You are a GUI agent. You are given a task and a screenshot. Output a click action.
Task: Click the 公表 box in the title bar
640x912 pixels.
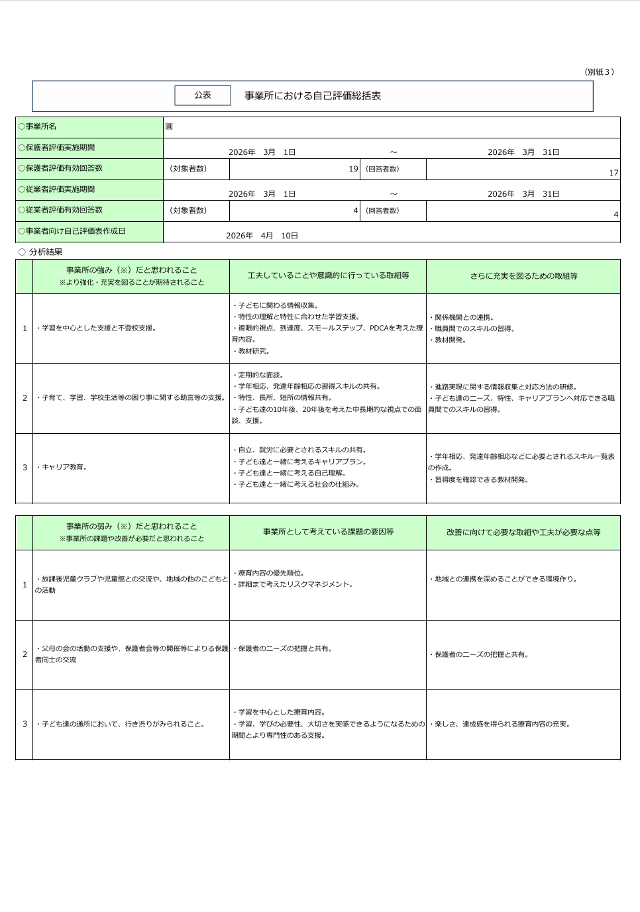click(203, 95)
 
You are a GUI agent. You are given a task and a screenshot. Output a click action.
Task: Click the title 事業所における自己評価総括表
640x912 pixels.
click(313, 96)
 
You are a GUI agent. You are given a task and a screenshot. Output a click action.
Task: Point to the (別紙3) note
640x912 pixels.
click(599, 72)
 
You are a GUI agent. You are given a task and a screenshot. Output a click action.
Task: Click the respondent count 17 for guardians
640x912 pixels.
click(613, 173)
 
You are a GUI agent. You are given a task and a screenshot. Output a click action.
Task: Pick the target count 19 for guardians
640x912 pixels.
click(353, 169)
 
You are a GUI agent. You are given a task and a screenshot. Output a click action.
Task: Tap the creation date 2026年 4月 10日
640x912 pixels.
click(262, 236)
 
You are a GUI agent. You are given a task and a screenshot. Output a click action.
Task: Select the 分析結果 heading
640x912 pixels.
click(46, 252)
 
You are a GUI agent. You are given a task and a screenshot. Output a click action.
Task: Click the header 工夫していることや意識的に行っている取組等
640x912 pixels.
click(328, 276)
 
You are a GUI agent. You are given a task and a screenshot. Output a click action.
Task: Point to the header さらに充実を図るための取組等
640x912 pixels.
click(523, 276)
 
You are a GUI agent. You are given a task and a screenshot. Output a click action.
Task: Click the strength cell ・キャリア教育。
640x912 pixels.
click(62, 468)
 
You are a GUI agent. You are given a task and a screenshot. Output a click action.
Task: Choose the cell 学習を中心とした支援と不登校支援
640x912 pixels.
click(97, 329)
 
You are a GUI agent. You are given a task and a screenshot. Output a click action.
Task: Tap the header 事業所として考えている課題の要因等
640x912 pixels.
click(328, 532)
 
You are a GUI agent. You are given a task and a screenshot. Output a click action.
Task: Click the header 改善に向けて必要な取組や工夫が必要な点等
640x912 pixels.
click(523, 532)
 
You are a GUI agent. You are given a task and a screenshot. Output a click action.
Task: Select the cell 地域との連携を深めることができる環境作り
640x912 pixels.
click(505, 580)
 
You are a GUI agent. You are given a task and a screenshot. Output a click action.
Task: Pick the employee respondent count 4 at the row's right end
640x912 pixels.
click(615, 215)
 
